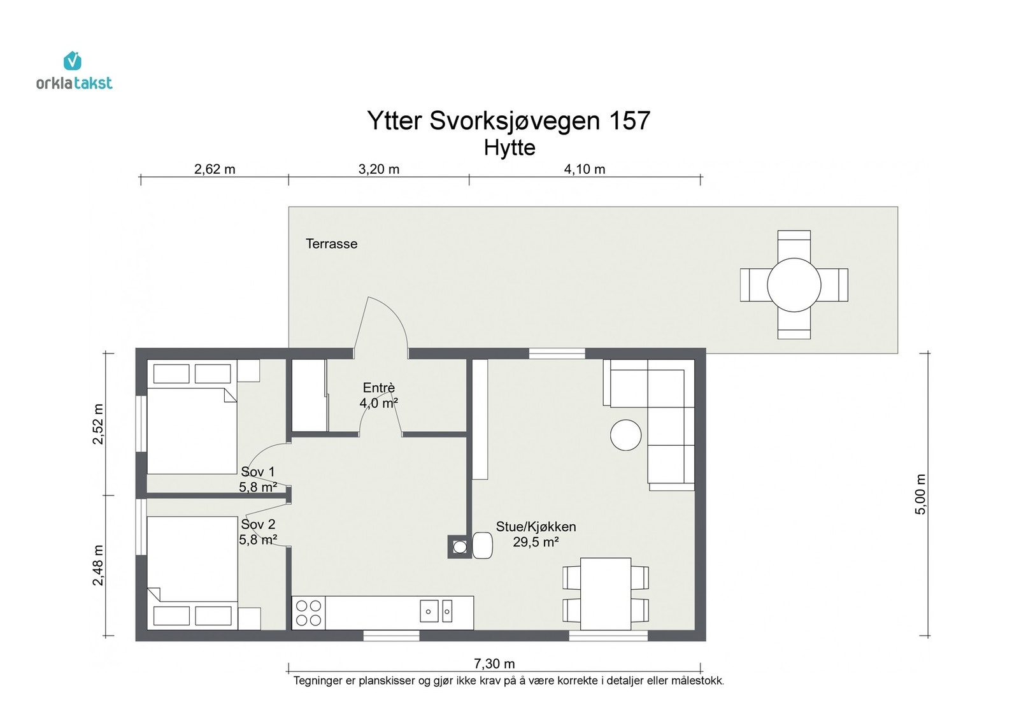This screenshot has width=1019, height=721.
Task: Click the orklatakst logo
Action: (x=74, y=71)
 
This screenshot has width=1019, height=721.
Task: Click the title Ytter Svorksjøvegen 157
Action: (x=508, y=121)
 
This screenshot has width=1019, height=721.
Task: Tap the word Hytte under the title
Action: (x=509, y=148)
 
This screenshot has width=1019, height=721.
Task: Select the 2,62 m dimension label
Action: (x=215, y=169)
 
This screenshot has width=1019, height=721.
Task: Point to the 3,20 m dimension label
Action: (x=379, y=169)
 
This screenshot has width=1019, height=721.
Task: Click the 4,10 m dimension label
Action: (x=585, y=169)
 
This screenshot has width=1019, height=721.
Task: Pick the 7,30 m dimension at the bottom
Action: (x=494, y=664)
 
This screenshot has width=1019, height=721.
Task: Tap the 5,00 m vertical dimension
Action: (x=921, y=494)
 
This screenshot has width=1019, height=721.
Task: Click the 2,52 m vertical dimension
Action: (x=98, y=424)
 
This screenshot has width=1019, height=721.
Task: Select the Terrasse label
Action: (x=331, y=244)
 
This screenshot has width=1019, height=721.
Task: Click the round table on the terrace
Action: (x=794, y=285)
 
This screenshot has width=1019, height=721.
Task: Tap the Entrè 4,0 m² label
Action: (x=379, y=396)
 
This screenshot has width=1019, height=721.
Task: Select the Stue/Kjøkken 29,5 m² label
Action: (x=536, y=534)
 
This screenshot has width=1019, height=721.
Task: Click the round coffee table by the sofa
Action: (x=625, y=435)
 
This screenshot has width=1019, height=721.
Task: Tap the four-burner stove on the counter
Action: (x=309, y=613)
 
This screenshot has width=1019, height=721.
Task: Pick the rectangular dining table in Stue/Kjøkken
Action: (x=606, y=594)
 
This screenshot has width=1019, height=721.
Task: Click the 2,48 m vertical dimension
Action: (x=98, y=566)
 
